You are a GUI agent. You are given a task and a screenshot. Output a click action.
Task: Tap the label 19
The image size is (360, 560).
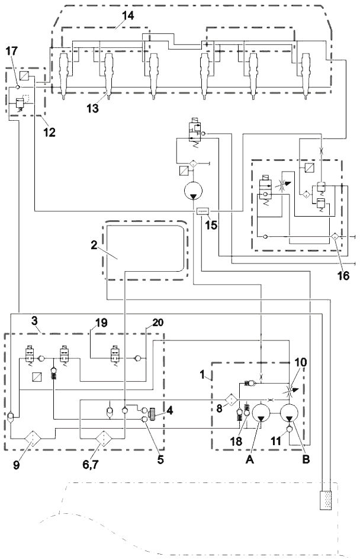(100, 324)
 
